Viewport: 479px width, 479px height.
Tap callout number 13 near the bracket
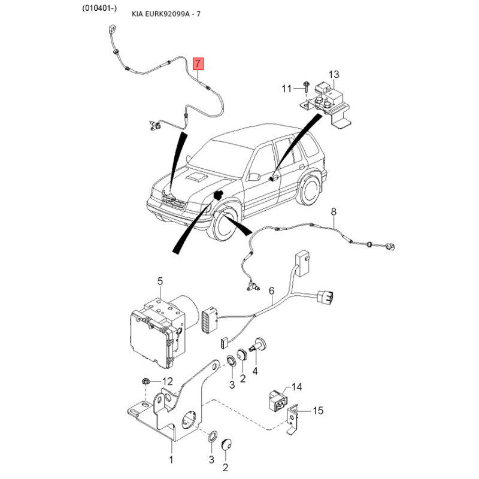tap(334, 74)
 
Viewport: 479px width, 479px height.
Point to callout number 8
tap(334, 211)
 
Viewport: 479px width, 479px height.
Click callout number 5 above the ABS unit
tap(160, 281)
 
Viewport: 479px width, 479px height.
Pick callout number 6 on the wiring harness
tap(271, 291)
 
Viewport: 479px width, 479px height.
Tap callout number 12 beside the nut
tap(167, 381)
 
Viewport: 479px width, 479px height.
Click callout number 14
tap(298, 387)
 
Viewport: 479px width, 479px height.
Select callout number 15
tap(318, 410)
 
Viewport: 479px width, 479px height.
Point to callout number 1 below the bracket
tap(171, 460)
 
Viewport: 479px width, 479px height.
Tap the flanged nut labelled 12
tap(145, 381)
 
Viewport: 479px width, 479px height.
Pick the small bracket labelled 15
tap(293, 418)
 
